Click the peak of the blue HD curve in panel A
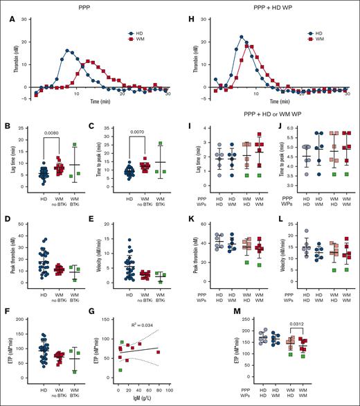click(67, 50)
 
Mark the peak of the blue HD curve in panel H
click(241, 37)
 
